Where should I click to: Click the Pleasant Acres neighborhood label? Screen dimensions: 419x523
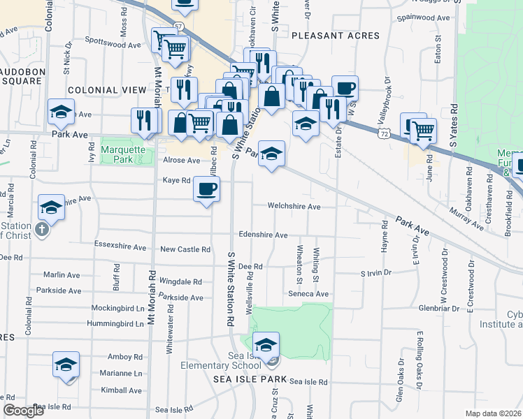[335, 35]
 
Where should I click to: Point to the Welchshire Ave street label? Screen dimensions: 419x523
[295, 207]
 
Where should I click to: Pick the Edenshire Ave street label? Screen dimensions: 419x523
[263, 235]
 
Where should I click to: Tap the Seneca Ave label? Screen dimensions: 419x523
[308, 294]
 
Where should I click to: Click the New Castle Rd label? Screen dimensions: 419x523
[185, 249]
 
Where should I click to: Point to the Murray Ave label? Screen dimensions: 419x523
[466, 219]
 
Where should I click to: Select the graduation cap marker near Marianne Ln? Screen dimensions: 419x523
[66, 365]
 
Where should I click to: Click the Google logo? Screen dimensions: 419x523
[23, 411]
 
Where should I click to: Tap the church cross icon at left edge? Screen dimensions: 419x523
[42, 229]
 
